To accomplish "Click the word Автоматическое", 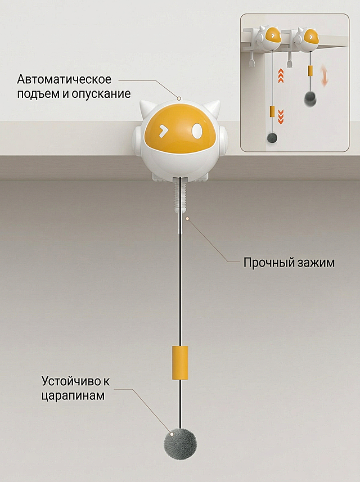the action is pyautogui.click(x=64, y=79).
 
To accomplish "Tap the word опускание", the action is pyautogui.click(x=101, y=94).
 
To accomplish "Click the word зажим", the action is pyautogui.click(x=316, y=263).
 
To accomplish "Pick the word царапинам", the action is pyautogui.click(x=73, y=395).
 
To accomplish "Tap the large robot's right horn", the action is pyautogui.click(x=213, y=108).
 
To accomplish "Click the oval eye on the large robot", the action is pyautogui.click(x=196, y=130).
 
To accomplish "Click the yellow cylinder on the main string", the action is pyautogui.click(x=180, y=362).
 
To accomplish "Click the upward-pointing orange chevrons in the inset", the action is pyautogui.click(x=281, y=76).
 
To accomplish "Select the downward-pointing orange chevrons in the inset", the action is pyautogui.click(x=281, y=117).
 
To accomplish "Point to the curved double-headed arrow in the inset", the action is pyautogui.click(x=325, y=75).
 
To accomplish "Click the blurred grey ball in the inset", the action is pyautogui.click(x=310, y=98).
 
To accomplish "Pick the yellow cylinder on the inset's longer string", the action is pyautogui.click(x=272, y=111).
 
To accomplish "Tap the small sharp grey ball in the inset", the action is pyautogui.click(x=272, y=138).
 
